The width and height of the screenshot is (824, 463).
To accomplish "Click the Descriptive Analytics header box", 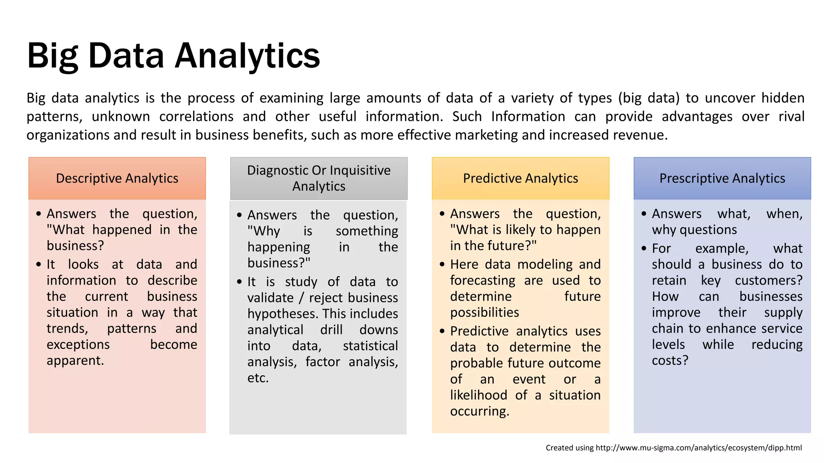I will pos(117,178).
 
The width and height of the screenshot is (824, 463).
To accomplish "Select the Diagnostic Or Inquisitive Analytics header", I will pos(319,178).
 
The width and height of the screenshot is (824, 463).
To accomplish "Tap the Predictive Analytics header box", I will pos(520,178).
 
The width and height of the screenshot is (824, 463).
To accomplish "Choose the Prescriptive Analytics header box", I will pos(722,178).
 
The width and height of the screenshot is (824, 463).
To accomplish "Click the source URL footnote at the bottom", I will pos(674,448).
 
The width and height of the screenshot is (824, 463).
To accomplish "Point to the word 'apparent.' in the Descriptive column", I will pos(75,361).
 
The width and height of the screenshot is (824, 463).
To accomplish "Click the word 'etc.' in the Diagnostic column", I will pos(258,378).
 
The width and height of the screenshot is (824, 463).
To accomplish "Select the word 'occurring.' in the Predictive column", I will pos(480,411).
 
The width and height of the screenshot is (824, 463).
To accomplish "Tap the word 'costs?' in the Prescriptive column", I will pos(670,361).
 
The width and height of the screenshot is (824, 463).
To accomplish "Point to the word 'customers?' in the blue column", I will pos(768,281).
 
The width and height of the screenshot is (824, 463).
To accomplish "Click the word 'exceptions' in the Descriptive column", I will pos(78,344).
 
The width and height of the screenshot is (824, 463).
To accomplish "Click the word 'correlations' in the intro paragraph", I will pos(196,117).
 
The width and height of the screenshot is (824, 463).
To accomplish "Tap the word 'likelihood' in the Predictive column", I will pos(478,395).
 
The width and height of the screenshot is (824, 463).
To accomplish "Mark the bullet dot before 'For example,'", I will pos(644,249).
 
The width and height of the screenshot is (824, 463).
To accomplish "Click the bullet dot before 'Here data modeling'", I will pos(442,264).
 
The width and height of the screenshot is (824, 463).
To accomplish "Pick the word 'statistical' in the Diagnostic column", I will pos(370,346).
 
